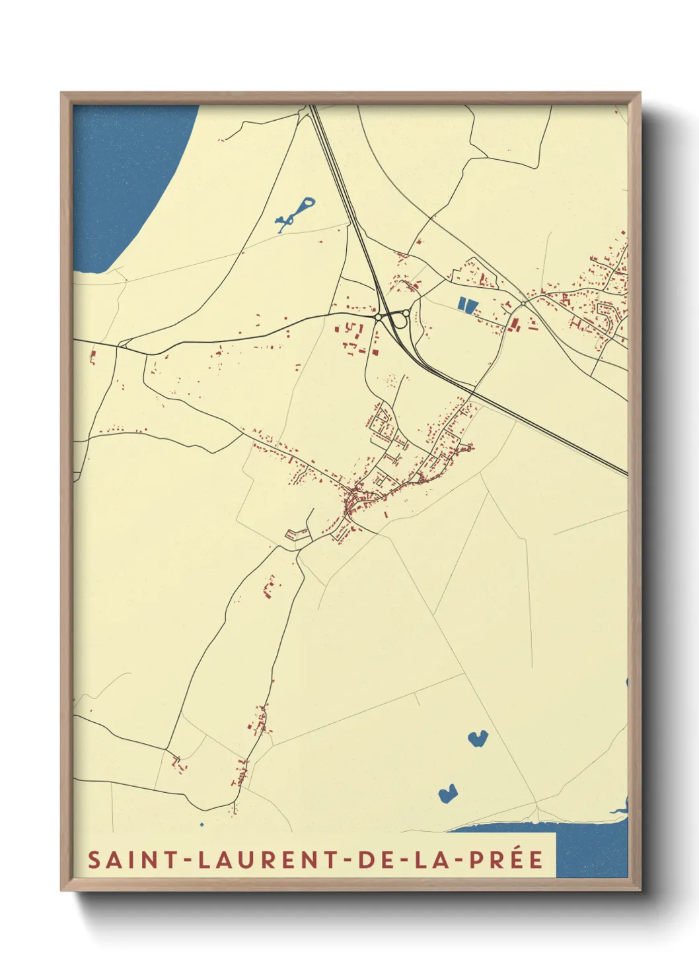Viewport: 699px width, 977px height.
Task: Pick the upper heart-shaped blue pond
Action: [477, 738]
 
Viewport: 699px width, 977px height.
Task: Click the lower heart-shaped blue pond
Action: [447, 793]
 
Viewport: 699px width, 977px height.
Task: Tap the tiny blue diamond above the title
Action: [202, 825]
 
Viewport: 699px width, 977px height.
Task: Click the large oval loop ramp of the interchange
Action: [398, 320]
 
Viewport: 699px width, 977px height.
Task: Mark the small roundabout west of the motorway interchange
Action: [377, 318]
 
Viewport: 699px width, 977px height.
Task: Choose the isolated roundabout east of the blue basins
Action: [523, 303]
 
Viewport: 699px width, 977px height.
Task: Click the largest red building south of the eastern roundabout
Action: [514, 324]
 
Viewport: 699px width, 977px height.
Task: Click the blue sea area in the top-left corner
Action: [126, 172]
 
